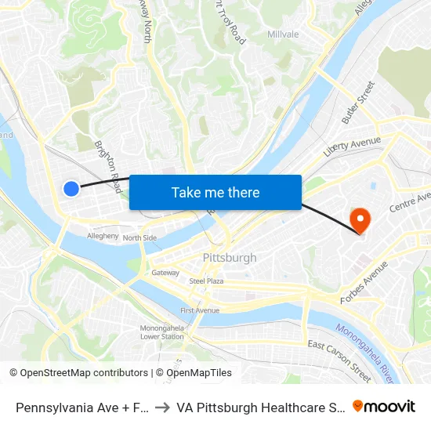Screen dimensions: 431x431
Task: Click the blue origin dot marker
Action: point(71,188)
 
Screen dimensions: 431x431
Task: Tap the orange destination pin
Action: point(360,219)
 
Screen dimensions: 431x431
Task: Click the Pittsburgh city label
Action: point(230,258)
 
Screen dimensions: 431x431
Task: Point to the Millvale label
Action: point(283,34)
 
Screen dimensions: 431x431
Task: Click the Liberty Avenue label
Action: point(352,146)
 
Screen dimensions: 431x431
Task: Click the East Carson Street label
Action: point(339,357)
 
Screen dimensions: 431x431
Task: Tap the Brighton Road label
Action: point(107,166)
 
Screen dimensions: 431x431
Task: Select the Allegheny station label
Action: point(103,235)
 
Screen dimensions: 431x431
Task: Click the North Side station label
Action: point(139,237)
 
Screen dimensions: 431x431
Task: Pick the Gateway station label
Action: point(165,273)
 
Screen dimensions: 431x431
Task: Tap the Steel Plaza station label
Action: point(206,281)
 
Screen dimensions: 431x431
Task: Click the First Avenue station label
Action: point(200,310)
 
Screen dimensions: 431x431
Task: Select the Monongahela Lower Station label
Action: point(162,332)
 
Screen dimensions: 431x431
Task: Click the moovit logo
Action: point(384,406)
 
